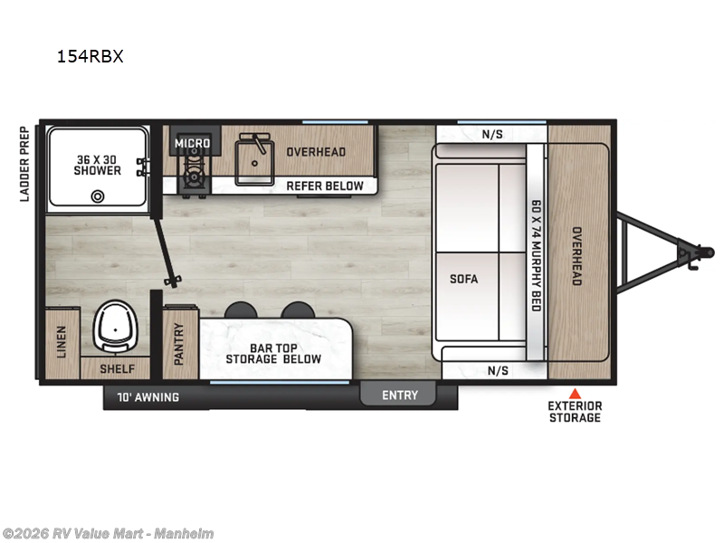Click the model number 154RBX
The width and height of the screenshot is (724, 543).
[x=90, y=56]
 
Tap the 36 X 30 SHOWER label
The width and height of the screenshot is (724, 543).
[x=98, y=164]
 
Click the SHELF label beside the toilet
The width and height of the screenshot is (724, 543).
[x=118, y=368]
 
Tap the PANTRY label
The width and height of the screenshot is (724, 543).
[x=179, y=345]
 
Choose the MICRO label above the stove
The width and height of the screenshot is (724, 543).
[x=192, y=143]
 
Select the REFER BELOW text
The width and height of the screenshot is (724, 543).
[x=325, y=186]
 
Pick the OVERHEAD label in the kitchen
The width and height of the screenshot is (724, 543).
[x=316, y=152]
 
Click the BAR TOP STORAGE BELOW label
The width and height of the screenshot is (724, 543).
[x=273, y=353]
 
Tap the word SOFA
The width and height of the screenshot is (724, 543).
[x=463, y=279]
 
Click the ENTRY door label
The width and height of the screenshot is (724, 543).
[x=399, y=395]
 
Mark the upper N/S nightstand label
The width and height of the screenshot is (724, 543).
[x=491, y=135]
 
